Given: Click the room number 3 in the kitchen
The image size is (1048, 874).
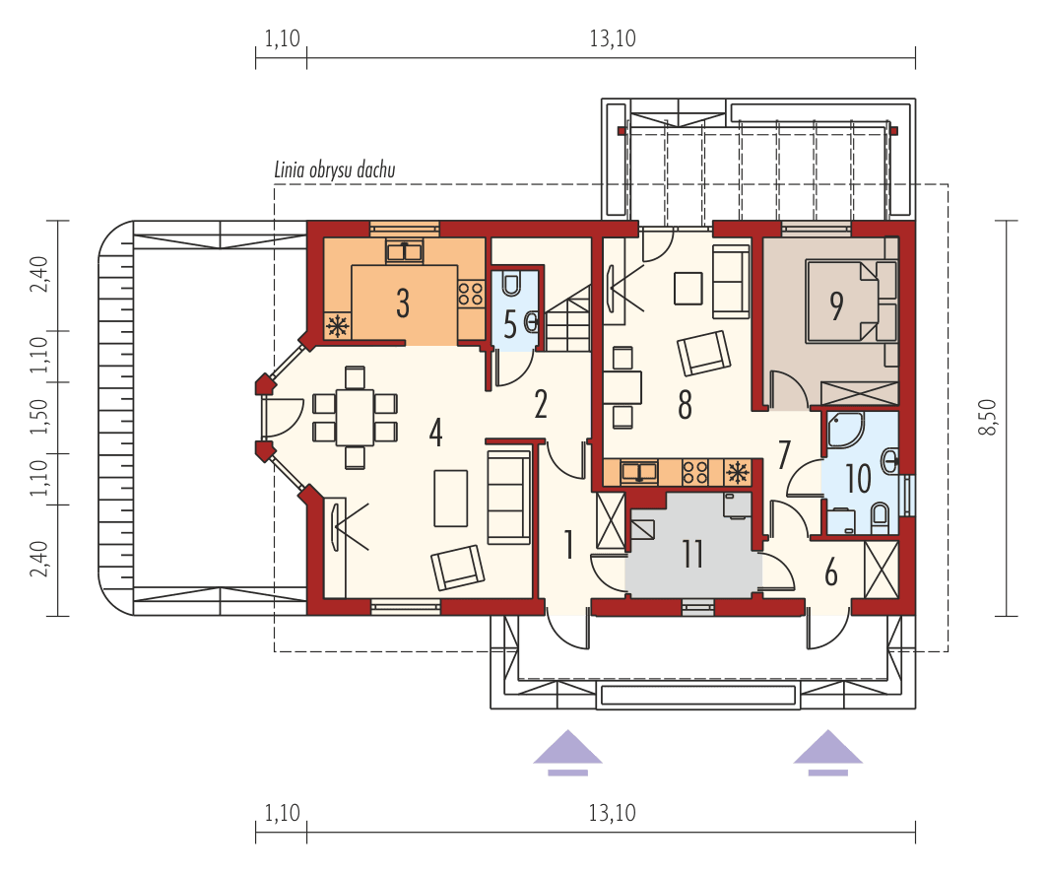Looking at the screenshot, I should pyautogui.click(x=403, y=303).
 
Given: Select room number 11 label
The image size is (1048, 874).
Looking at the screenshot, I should pyautogui.click(x=692, y=554).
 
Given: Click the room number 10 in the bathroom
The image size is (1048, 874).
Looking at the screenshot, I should pyautogui.click(x=858, y=479).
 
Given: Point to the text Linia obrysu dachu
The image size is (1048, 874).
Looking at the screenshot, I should pyautogui.click(x=335, y=170).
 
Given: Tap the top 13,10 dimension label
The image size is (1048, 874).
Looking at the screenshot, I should pyautogui.click(x=612, y=39).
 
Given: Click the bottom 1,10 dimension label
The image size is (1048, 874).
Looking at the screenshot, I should pyautogui.click(x=282, y=813).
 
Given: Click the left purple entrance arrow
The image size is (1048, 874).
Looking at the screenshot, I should pyautogui.click(x=568, y=749).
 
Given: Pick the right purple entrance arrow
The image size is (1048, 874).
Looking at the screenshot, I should pyautogui.click(x=828, y=749).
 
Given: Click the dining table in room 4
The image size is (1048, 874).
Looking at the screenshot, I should pyautogui.click(x=353, y=417).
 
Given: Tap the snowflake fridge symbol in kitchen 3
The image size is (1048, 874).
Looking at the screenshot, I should pyautogui.click(x=338, y=326).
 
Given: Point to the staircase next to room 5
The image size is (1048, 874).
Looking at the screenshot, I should pyautogui.click(x=568, y=320).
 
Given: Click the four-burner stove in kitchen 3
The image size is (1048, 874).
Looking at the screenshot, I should pyautogui.click(x=470, y=293).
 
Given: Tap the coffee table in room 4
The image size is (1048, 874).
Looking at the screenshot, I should pyautogui.click(x=451, y=498).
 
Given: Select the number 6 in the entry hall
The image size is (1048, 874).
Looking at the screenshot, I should pyautogui.click(x=830, y=571).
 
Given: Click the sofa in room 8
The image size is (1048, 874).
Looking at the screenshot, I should pyautogui.click(x=730, y=281).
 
